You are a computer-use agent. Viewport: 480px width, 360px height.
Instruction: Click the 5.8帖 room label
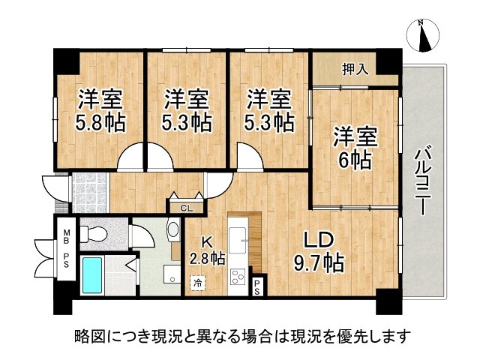pyautogui.click(x=100, y=109)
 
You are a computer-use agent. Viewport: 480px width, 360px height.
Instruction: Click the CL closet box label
pyautogui.click(x=184, y=207)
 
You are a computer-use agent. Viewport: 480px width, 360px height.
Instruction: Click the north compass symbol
pyautogui.click(x=423, y=34)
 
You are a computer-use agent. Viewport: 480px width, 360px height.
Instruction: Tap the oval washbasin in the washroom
pyautogui.click(x=173, y=229)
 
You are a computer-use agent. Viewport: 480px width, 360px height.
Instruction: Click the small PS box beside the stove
pyautogui.click(x=258, y=285)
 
